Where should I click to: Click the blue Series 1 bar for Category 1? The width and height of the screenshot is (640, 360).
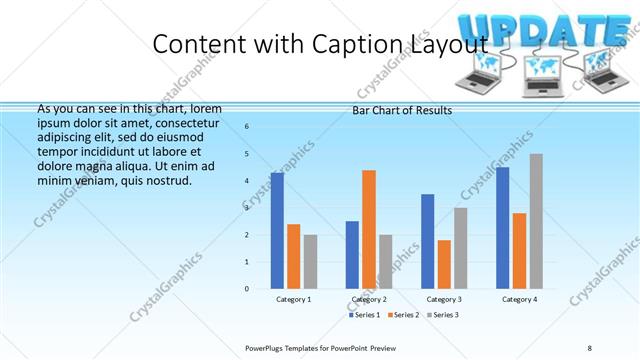tap(277, 230)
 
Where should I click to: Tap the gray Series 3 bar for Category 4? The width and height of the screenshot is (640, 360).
tap(536, 221)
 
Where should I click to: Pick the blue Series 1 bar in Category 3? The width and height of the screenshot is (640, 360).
tap(428, 241)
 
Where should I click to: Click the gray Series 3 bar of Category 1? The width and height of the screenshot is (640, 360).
tap(310, 261)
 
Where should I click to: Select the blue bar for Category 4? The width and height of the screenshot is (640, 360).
tap(503, 227)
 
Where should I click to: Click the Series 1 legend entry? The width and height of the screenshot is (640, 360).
tap(366, 315)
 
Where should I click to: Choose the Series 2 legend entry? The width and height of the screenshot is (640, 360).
tap(403, 315)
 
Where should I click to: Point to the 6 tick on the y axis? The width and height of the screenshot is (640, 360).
tap(247, 126)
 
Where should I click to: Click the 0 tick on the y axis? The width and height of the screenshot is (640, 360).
tap(247, 289)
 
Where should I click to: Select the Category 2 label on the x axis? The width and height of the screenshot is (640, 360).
tap(369, 300)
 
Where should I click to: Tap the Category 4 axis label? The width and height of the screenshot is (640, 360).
tap(519, 300)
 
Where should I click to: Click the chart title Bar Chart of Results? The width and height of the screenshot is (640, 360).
tap(403, 110)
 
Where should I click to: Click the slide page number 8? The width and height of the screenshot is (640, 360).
tap(590, 347)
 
